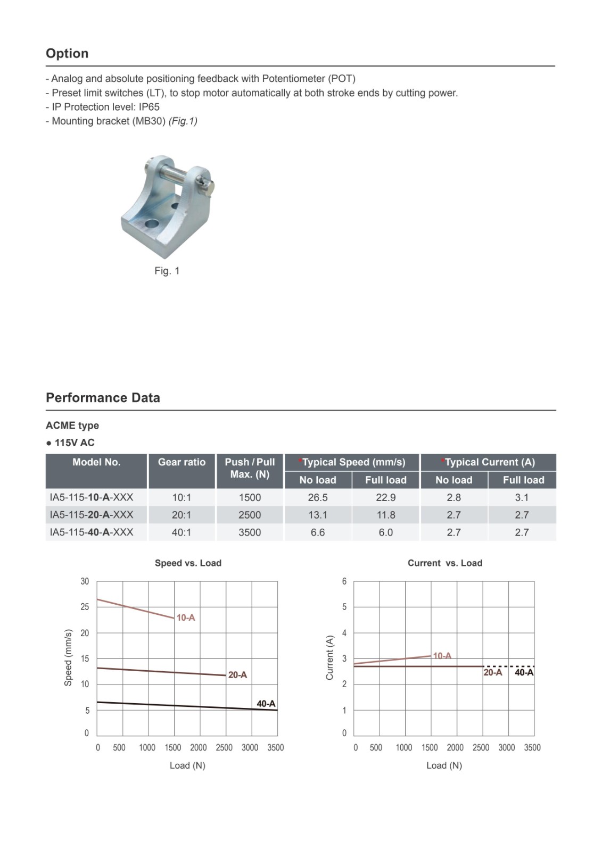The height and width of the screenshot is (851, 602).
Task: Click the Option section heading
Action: tap(67, 53)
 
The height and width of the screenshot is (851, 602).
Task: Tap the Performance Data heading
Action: tap(103, 398)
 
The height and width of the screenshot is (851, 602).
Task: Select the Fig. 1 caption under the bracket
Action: tap(167, 271)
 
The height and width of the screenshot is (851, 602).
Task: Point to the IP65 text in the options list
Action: tap(149, 107)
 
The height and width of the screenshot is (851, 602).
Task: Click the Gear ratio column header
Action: tap(182, 462)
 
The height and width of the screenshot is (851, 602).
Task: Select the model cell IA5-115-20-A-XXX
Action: tap(92, 515)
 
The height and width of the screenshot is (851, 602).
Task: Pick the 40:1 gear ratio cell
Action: tap(182, 532)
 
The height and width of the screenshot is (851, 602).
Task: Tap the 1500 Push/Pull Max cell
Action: tap(250, 497)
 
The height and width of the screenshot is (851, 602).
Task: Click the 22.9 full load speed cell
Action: tap(385, 497)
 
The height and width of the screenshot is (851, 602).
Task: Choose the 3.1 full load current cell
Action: tap(522, 497)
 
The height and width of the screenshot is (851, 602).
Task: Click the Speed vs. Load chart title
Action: tap(188, 563)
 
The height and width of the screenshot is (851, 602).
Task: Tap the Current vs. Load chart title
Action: tap(445, 563)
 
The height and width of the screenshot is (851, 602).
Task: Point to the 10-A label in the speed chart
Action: tap(186, 618)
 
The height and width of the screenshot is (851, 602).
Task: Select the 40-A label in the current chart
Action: tap(524, 672)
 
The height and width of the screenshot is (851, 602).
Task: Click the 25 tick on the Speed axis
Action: tap(85, 607)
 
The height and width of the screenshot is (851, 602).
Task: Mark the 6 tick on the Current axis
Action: tap(344, 581)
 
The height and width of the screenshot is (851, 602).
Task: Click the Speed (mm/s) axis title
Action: tap(68, 657)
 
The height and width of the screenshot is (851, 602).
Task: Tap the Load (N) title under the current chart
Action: tap(444, 765)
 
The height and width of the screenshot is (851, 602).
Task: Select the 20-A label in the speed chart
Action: tap(237, 675)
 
